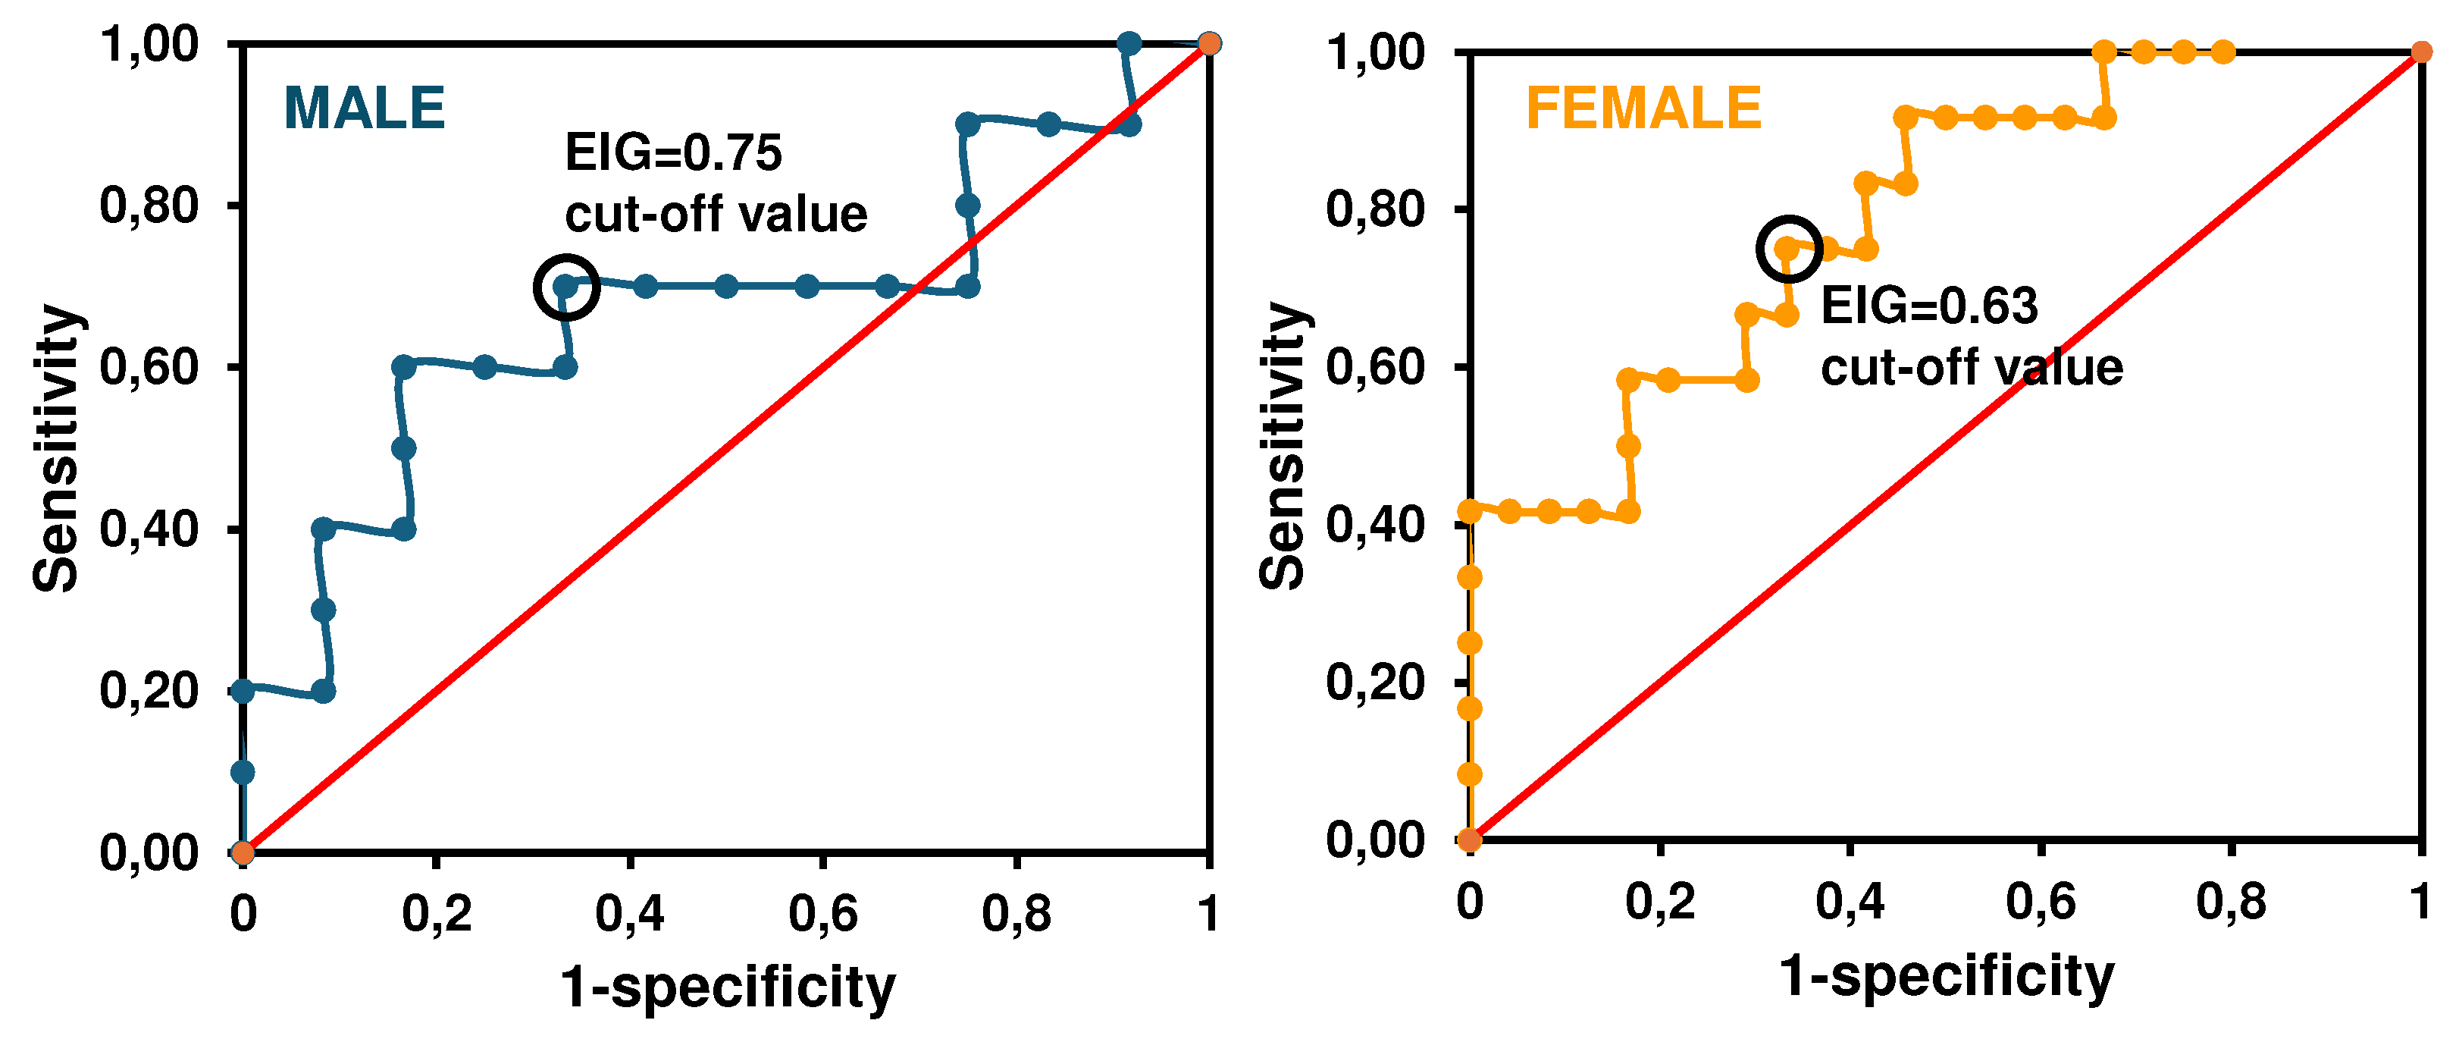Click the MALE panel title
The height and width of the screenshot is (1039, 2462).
click(364, 108)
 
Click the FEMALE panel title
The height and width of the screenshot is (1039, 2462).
click(1643, 108)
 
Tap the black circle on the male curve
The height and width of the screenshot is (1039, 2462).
click(565, 287)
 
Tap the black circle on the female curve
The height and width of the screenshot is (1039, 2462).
click(1789, 249)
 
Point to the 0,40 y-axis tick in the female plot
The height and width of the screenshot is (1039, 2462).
click(1375, 525)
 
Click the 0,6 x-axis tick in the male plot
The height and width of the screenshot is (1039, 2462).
click(823, 914)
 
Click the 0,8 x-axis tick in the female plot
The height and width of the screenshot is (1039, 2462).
click(2231, 902)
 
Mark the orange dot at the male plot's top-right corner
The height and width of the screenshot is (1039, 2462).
click(1209, 44)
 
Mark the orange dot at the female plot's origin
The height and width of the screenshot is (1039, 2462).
click(1469, 840)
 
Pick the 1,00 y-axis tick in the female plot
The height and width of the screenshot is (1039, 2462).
click(1375, 52)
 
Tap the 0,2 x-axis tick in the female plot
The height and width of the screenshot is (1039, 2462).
click(1660, 902)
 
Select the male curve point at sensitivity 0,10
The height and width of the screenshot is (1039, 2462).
click(243, 772)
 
